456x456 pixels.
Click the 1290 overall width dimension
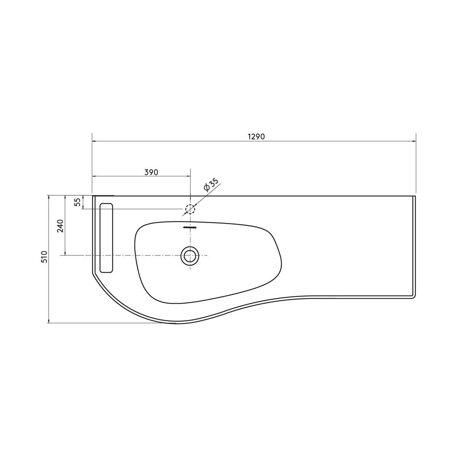(256, 137)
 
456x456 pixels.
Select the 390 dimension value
(151, 172)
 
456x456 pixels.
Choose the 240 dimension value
(60, 226)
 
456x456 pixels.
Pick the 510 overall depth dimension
(44, 257)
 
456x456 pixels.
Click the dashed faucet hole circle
(190, 209)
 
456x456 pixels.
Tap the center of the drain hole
(190, 255)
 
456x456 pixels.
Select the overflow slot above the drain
(190, 227)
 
